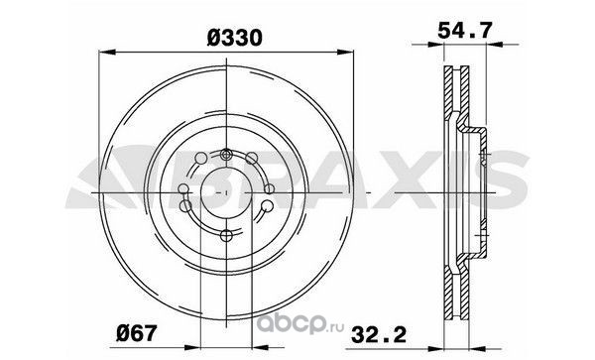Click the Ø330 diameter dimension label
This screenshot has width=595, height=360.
tap(235, 38)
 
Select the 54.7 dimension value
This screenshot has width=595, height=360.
tap(465, 31)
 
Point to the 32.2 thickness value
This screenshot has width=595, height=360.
tap(379, 335)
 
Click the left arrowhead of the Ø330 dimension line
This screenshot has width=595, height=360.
tap(107, 52)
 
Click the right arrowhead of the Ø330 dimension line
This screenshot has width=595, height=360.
tap(345, 52)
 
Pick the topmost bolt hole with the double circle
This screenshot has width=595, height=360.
tap(226, 155)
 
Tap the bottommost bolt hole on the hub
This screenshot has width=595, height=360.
tap(226, 236)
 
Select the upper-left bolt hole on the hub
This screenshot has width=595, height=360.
tap(200, 158)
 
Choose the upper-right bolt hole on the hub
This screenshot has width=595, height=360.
tap(251, 158)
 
